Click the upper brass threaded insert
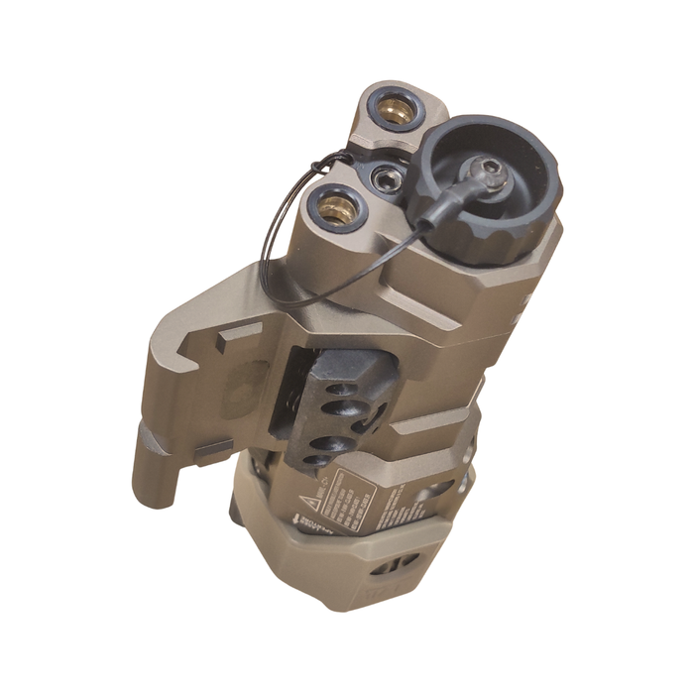pos(398,112)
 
